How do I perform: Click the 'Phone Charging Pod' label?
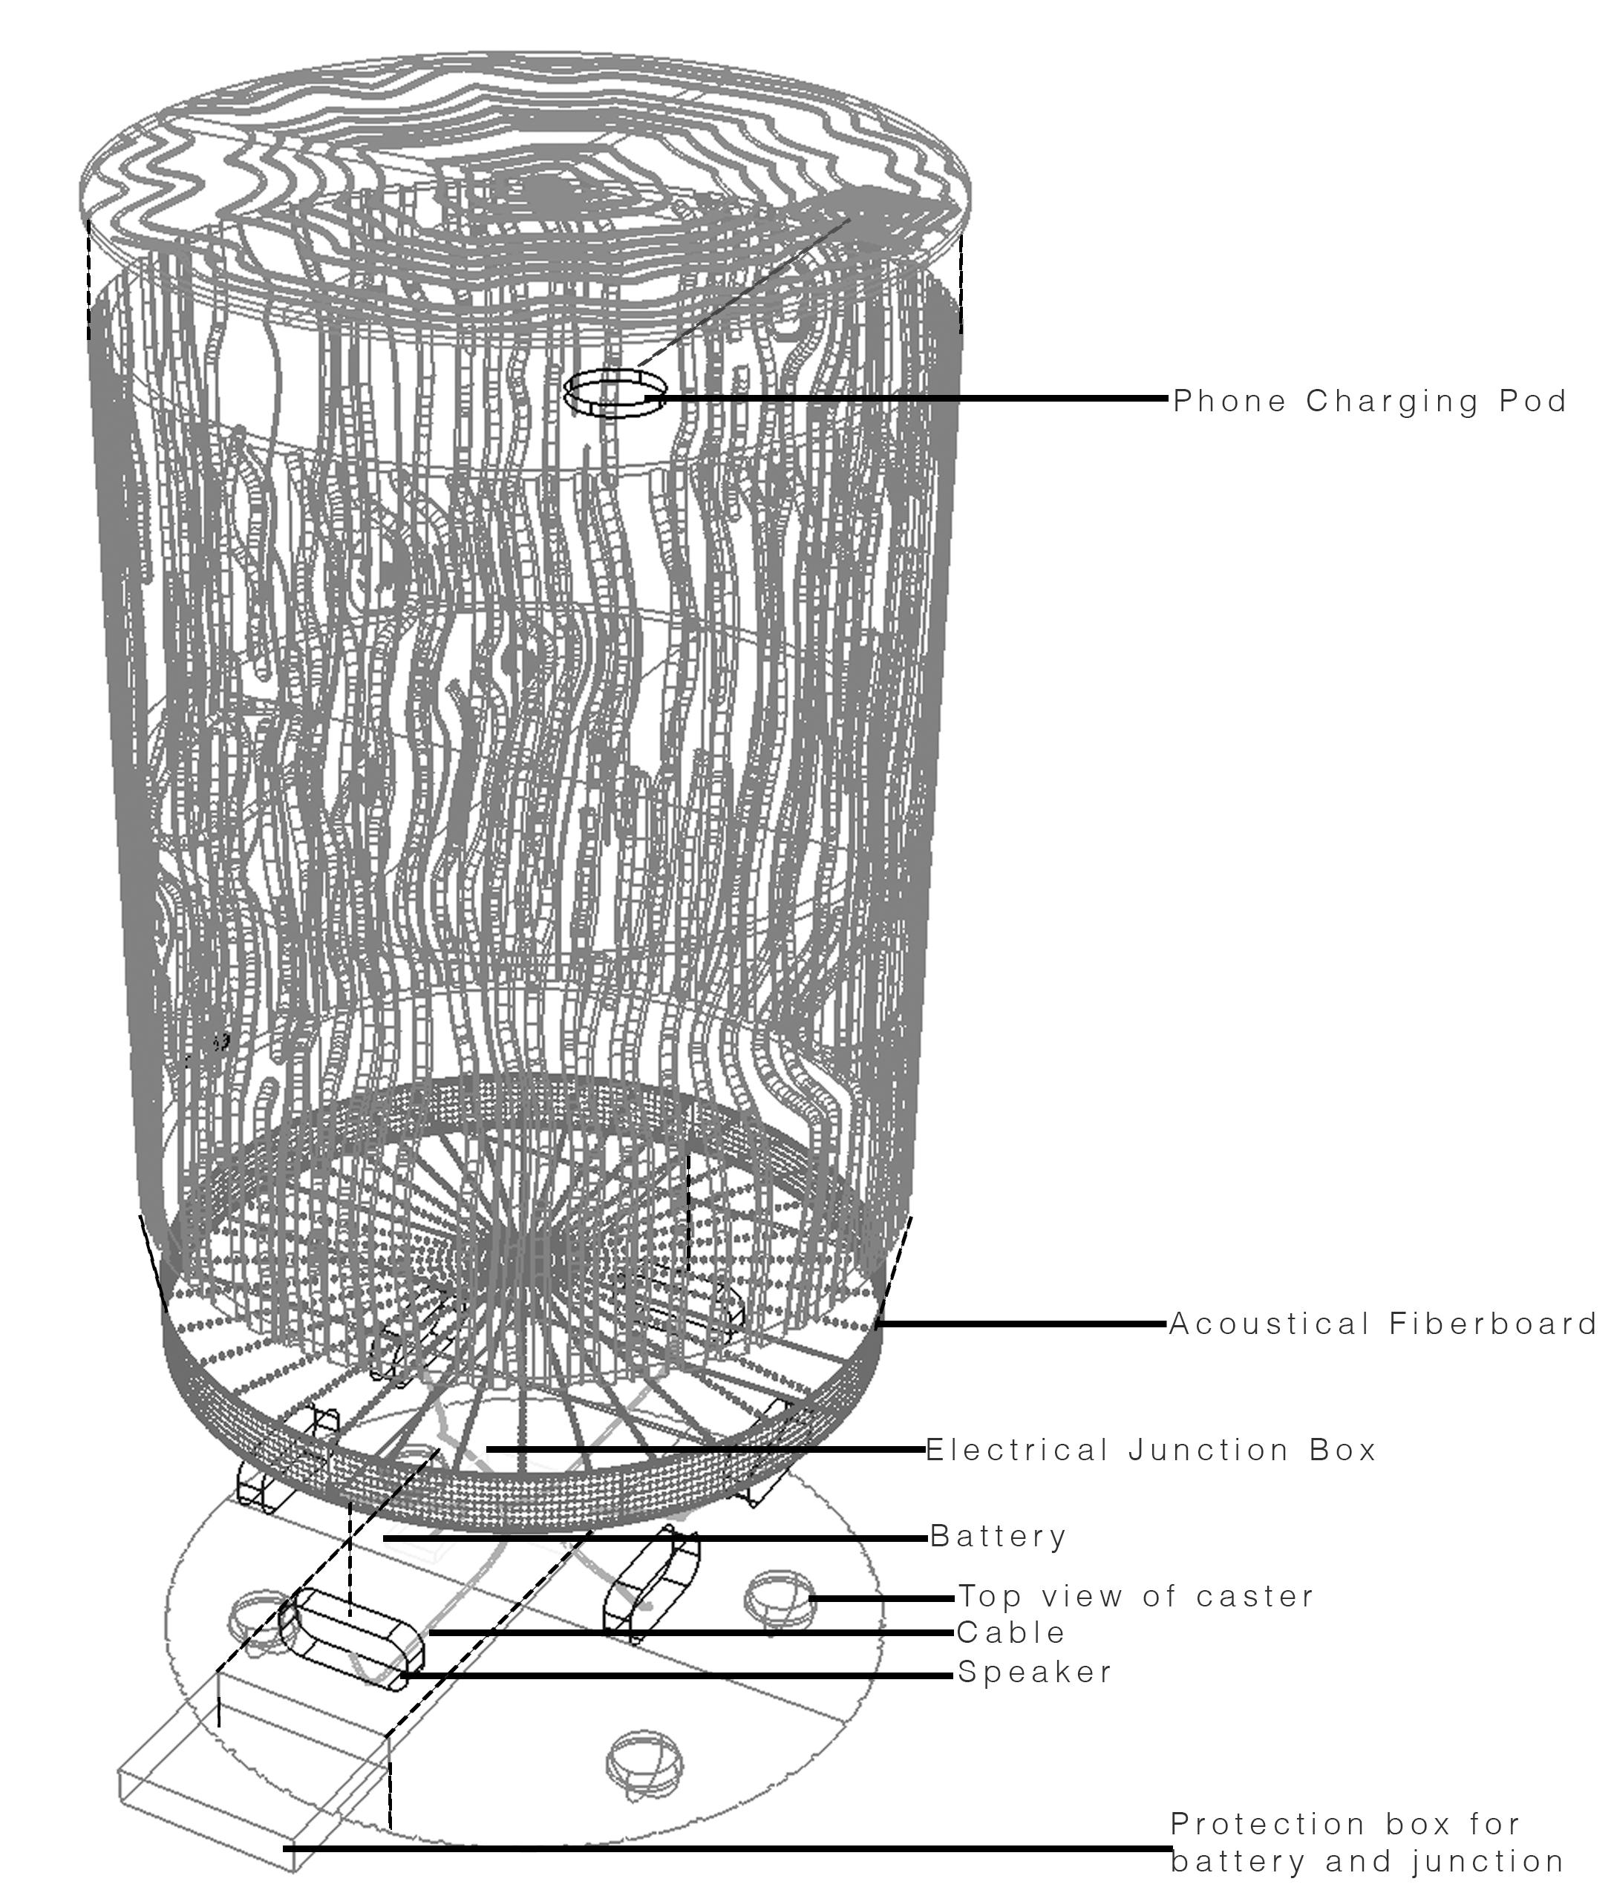click(x=1368, y=401)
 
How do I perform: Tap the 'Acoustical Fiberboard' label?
click(x=1382, y=1324)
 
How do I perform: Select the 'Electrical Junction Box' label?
click(x=1150, y=1450)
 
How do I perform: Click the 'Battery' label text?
click(x=998, y=1536)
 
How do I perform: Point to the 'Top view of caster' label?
click(x=1135, y=1596)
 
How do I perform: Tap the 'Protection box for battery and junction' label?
click(x=1366, y=1840)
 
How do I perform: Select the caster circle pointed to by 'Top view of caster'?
click(x=779, y=1598)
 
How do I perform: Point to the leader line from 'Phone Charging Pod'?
click(x=914, y=399)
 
